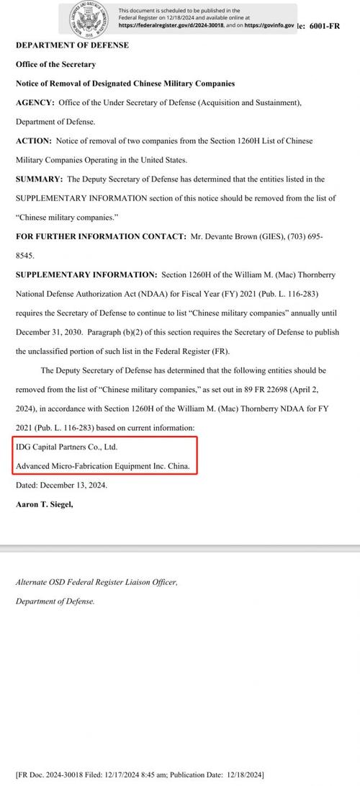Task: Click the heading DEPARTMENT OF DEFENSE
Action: point(72,45)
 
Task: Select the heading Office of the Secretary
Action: point(55,64)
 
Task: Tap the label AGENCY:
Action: point(35,103)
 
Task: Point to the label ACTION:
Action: point(34,141)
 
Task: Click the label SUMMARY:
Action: point(39,179)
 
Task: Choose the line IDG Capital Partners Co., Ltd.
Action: point(66,447)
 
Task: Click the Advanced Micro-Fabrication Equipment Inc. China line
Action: point(103,466)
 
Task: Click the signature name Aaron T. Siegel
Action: point(44,504)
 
